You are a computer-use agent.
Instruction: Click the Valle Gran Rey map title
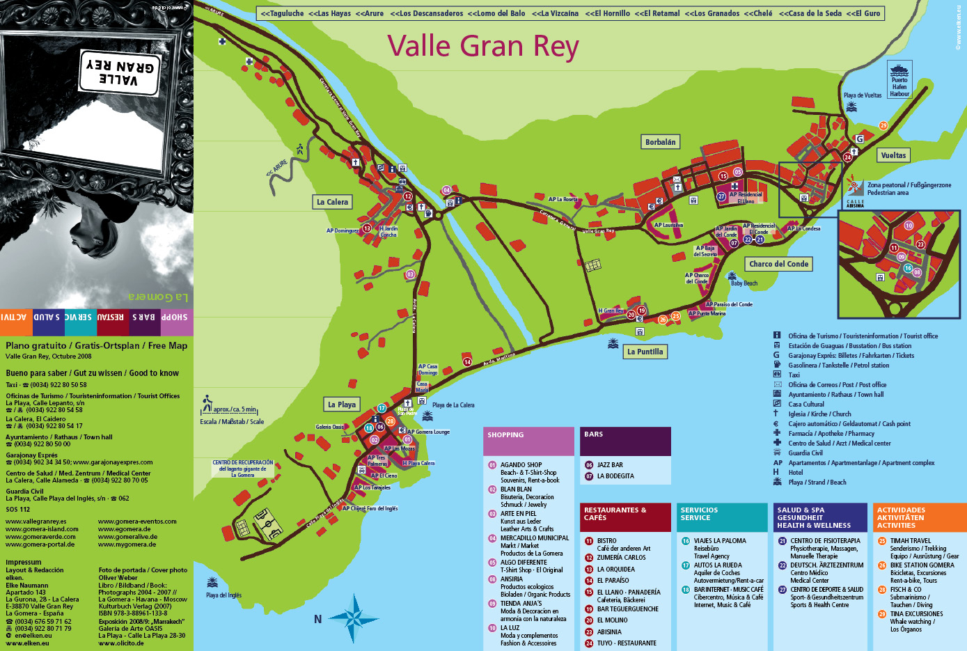coord(482,47)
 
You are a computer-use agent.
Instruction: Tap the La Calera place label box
coord(332,202)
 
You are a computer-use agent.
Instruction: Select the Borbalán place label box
coord(660,142)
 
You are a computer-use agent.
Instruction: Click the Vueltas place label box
coord(893,155)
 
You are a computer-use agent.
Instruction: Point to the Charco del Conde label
coord(778,264)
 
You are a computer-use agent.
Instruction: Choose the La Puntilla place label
coord(645,352)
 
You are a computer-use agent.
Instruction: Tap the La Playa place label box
coord(342,405)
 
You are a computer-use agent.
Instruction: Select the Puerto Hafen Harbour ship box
coord(899,79)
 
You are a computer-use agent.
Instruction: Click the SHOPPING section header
coord(529,435)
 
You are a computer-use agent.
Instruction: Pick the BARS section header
coord(624,434)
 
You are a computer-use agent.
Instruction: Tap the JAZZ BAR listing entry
coord(610,465)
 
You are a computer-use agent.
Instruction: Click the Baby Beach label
coord(744,283)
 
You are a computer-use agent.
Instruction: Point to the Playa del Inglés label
coord(223,595)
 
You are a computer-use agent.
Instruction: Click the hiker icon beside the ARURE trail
coord(299,149)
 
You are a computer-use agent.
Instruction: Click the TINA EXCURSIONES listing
coord(916,614)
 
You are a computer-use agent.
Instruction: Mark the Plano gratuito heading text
coord(96,345)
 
